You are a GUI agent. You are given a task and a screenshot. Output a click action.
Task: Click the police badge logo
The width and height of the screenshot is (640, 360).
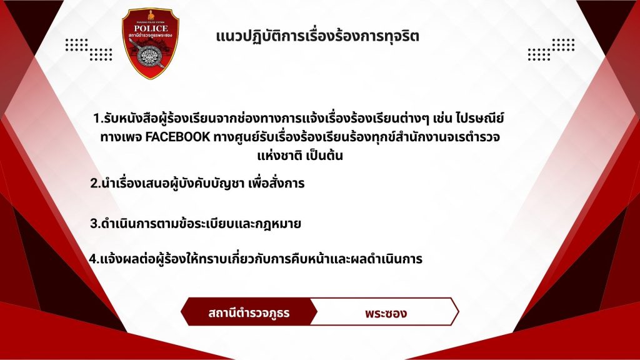150,43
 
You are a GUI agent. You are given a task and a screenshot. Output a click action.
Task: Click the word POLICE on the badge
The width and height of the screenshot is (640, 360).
151,28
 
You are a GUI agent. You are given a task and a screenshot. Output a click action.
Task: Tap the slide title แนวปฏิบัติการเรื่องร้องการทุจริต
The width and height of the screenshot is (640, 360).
317,36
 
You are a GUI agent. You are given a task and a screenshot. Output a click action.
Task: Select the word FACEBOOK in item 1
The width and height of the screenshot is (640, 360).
177,137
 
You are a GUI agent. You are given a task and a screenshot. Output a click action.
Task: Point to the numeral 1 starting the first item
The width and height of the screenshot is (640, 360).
96,118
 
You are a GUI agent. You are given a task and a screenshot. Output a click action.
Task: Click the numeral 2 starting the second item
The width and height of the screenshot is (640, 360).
94,184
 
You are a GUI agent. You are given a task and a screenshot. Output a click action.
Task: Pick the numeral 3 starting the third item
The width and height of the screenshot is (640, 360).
94,224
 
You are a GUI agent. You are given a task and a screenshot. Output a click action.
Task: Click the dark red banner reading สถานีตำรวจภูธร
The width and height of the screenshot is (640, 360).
249,312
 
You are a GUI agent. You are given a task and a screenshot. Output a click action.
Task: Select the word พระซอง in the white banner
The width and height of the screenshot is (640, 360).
386,313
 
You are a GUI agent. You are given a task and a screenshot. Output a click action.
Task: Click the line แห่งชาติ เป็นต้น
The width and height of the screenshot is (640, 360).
300,156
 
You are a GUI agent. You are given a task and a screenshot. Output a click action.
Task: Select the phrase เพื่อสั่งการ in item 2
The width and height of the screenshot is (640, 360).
276,183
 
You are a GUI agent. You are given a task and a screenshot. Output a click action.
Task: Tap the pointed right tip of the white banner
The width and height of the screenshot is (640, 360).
459,312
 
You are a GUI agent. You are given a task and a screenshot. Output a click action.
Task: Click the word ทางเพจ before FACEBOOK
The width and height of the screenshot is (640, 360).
121,137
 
